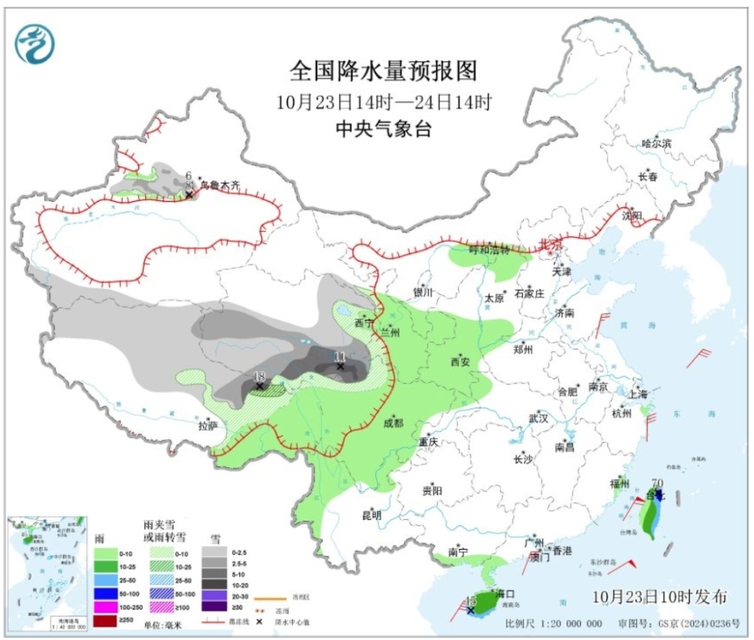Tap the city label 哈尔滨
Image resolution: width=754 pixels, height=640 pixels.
[657, 144]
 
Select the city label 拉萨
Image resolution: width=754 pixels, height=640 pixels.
[208, 426]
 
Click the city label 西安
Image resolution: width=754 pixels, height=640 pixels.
[459, 362]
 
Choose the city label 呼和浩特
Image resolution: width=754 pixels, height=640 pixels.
[489, 250]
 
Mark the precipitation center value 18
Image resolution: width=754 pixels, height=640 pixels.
[258, 376]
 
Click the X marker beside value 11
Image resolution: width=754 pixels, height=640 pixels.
[340, 366]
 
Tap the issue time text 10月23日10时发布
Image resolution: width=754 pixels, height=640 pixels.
[660, 597]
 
